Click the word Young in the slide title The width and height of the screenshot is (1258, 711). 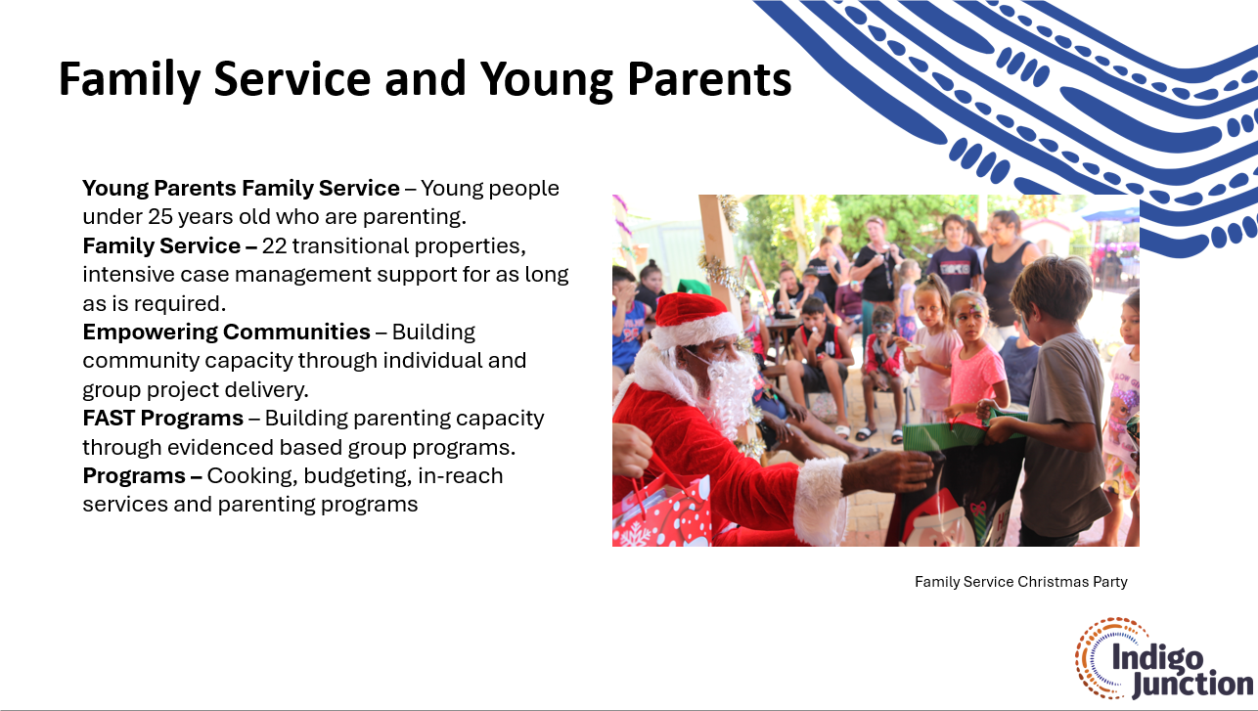546,80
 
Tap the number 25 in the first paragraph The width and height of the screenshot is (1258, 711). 160,216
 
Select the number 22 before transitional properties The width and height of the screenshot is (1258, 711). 275,245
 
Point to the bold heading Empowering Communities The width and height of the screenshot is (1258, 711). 226,332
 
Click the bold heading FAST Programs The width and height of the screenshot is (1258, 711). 162,418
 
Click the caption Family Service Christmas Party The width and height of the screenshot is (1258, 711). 1021,582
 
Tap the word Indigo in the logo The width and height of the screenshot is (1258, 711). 1157,659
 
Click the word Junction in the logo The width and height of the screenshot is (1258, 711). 1191,685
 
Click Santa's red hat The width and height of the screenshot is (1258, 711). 694,319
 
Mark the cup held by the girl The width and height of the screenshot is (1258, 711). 915,353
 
